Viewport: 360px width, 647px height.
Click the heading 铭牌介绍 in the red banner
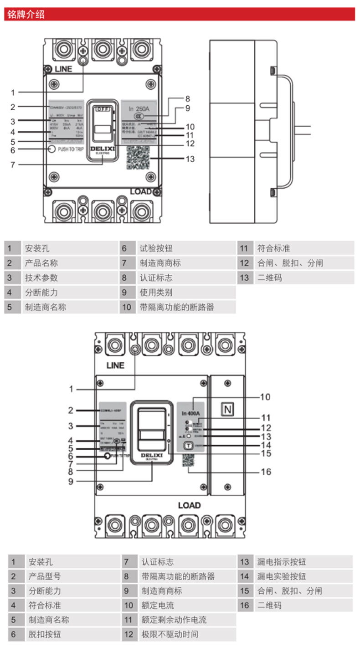pos(26,14)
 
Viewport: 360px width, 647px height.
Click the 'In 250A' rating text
pos(139,109)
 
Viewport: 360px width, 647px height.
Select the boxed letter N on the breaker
pos(226,410)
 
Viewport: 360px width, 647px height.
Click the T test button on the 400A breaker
pos(187,446)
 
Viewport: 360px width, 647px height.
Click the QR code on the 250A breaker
pos(139,157)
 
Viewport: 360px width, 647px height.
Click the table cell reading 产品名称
pos(41,263)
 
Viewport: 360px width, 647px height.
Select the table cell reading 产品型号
pos(45,576)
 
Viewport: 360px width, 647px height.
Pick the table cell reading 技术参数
pos(41,277)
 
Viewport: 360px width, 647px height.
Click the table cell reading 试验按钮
pos(156,248)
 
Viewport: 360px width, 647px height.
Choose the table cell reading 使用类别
pos(156,292)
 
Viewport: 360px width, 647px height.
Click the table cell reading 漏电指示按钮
pos(282,562)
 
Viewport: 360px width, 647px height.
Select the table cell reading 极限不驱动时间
pos(170,634)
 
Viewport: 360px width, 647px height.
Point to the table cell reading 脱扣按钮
pos(45,634)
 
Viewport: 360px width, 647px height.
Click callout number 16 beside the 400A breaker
pos(266,472)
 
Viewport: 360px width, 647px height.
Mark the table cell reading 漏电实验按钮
pos(282,576)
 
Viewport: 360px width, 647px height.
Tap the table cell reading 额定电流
pos(158,605)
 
